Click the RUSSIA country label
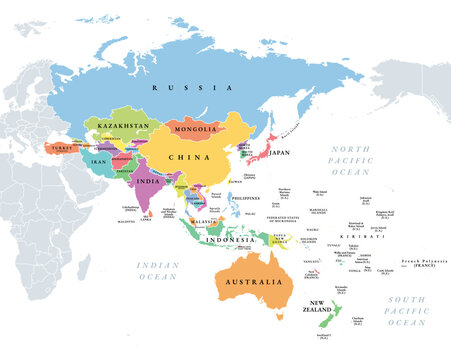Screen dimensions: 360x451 pyautogui.click(x=176, y=88)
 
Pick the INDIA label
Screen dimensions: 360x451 pyautogui.click(x=149, y=182)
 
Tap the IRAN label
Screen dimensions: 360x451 pyautogui.click(x=99, y=160)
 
